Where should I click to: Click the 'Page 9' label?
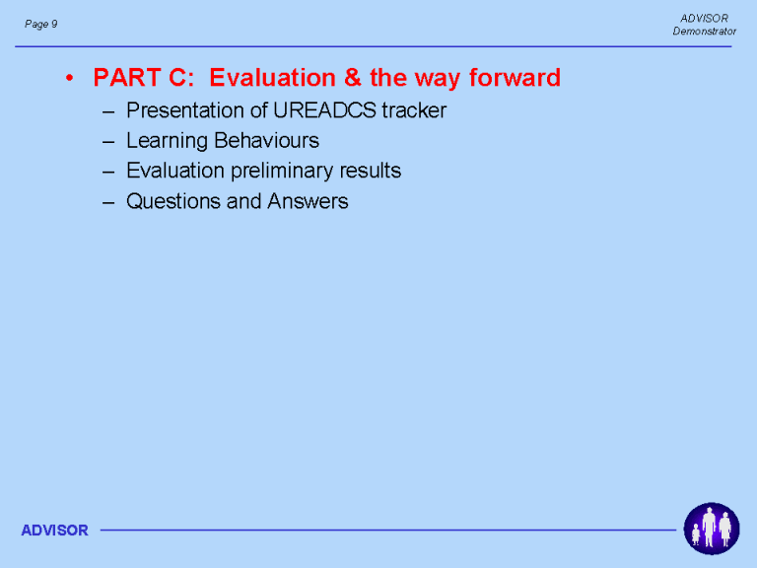(x=41, y=24)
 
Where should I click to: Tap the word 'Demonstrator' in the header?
(x=705, y=32)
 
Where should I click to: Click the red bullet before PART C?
(x=70, y=78)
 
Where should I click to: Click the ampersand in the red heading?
(x=353, y=77)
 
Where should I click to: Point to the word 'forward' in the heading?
(x=515, y=77)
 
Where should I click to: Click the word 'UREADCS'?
(x=324, y=110)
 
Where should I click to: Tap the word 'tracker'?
(x=414, y=110)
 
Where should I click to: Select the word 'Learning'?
(x=167, y=142)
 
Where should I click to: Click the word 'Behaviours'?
(x=266, y=141)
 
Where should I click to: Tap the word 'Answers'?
(x=308, y=201)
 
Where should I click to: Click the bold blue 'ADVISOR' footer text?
(x=54, y=531)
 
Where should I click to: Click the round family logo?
(x=711, y=529)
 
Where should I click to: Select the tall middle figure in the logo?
(x=709, y=527)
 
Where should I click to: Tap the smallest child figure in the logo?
(x=696, y=535)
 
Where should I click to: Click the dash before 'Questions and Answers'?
(x=108, y=202)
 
